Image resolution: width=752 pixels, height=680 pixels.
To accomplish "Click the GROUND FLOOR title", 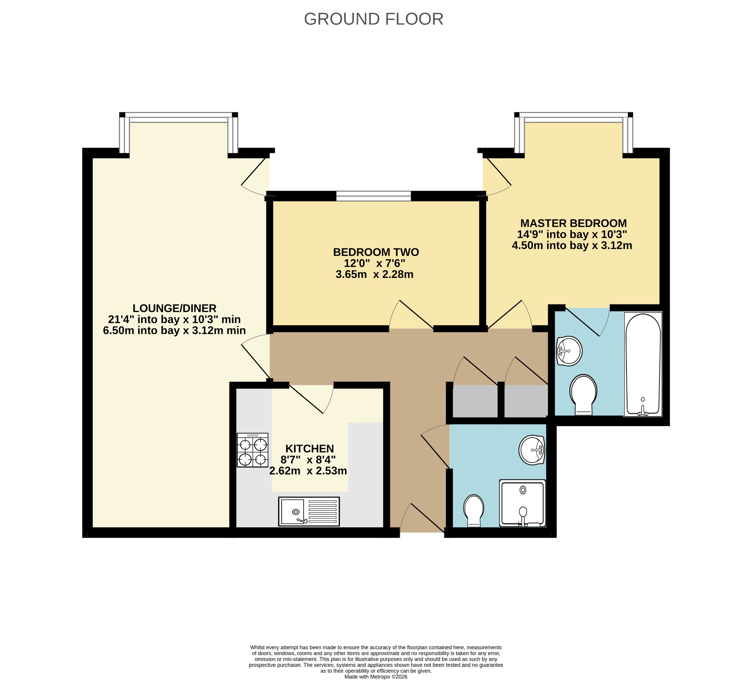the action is point(373,19).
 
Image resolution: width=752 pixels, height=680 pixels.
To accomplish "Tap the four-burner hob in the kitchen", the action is point(253,450).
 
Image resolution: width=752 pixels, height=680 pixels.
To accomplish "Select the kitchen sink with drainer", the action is point(309,512).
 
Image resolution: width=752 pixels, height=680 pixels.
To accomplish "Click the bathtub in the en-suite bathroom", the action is point(643,364).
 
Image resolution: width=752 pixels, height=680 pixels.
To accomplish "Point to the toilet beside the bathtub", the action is point(583,395).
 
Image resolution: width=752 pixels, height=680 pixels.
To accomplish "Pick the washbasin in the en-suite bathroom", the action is point(569,351).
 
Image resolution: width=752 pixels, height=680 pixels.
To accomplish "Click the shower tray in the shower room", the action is point(522,503).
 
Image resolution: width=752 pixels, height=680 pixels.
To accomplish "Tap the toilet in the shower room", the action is point(474,511).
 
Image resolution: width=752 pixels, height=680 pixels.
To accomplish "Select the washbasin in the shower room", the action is point(532,450).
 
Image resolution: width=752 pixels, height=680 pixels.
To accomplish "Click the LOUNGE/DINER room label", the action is point(174,308).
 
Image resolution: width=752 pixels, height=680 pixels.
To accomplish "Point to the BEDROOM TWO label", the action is point(376,252).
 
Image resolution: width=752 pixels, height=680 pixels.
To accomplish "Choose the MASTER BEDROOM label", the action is point(574,223).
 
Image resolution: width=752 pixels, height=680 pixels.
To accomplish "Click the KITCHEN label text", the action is point(310,448).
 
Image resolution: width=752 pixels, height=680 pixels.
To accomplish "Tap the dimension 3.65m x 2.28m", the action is point(375,275).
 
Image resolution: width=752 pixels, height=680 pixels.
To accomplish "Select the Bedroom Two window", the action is point(373,196).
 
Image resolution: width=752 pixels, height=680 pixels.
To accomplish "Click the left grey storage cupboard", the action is point(475,401).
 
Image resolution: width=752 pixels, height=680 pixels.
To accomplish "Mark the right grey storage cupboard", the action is point(526,401).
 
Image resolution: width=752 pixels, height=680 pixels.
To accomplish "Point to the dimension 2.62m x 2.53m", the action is point(308,471).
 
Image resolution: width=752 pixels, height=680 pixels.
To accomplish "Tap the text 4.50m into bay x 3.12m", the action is point(572,245).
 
